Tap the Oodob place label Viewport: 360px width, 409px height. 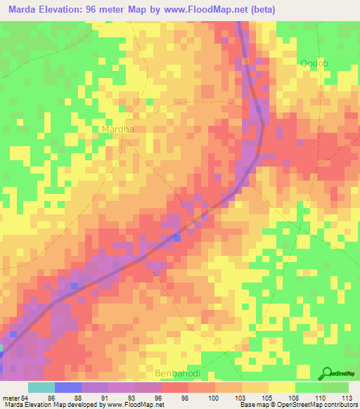coord(314,63)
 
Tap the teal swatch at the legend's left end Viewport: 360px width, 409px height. coord(41,387)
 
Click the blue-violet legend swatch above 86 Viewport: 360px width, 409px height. coord(67,387)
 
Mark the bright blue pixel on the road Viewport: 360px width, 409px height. coord(176,237)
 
